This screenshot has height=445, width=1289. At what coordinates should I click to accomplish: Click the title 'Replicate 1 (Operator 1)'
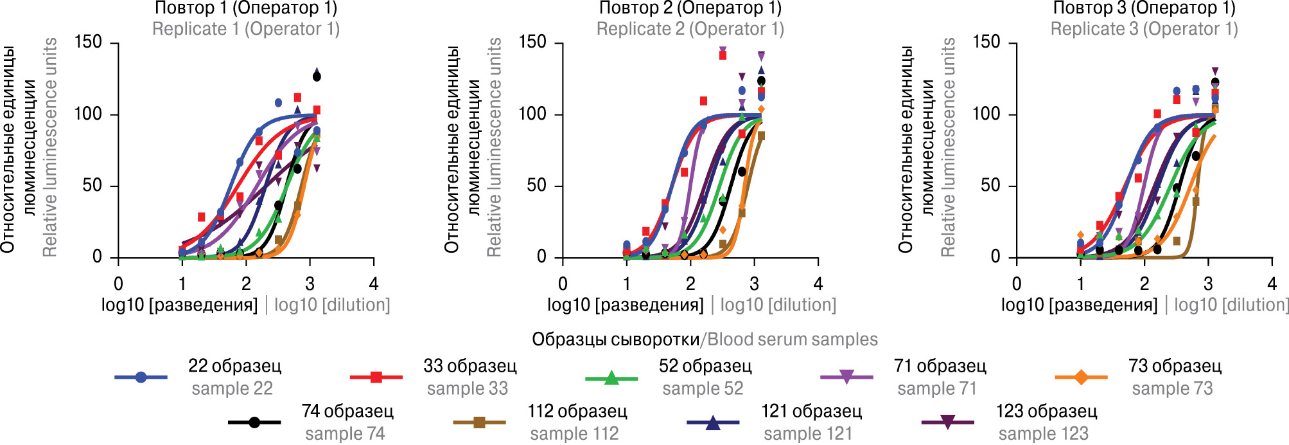(246, 29)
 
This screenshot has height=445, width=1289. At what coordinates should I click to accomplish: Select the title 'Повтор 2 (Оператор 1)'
(690, 8)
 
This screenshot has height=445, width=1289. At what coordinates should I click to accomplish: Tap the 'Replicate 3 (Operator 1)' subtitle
(1144, 29)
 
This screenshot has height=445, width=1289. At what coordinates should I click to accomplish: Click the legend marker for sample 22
(141, 377)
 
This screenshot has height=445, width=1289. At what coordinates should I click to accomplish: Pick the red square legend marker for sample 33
(376, 377)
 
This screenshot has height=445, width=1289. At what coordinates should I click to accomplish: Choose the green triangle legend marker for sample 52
(611, 377)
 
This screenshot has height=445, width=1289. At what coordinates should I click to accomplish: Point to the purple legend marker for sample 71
(846, 377)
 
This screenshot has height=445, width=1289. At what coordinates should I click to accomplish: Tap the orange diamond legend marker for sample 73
(1082, 377)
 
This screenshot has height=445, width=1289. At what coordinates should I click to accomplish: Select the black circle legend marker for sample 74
(254, 422)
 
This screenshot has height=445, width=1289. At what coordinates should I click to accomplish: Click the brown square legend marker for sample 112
(479, 422)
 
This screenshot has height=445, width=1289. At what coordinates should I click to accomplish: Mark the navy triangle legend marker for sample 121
(713, 422)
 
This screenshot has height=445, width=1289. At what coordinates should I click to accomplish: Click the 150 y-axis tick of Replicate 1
(88, 42)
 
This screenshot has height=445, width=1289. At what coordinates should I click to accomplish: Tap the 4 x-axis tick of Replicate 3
(1272, 284)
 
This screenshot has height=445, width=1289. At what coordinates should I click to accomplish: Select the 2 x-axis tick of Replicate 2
(690, 284)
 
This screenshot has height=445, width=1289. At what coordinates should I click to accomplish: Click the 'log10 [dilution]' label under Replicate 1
(332, 305)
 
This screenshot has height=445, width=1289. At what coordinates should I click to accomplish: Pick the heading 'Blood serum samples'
(792, 340)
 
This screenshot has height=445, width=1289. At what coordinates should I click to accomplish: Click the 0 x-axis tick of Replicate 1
(119, 284)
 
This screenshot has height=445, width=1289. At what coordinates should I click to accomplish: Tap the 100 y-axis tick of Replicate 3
(986, 114)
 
